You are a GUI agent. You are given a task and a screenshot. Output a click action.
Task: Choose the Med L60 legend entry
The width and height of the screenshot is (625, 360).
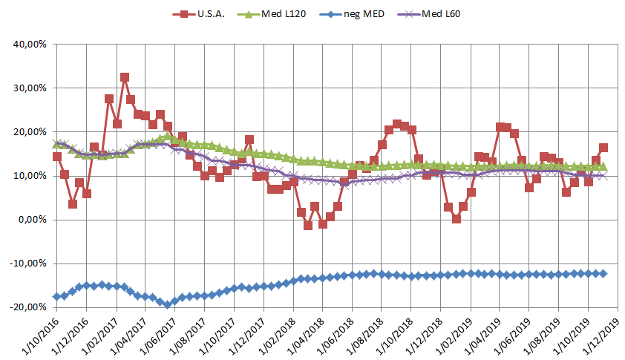[x=441, y=13]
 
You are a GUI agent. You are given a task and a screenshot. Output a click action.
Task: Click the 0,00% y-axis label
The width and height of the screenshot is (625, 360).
[x=34, y=220]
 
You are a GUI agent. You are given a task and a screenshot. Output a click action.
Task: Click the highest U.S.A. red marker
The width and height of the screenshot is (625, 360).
[x=124, y=77]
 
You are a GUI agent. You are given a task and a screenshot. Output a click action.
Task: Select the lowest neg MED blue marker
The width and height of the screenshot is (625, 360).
[x=168, y=304]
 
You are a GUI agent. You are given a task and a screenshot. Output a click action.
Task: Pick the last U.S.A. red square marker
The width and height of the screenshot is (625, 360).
[x=603, y=148]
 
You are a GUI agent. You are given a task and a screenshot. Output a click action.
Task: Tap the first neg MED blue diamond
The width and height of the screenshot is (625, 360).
[x=57, y=297]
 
